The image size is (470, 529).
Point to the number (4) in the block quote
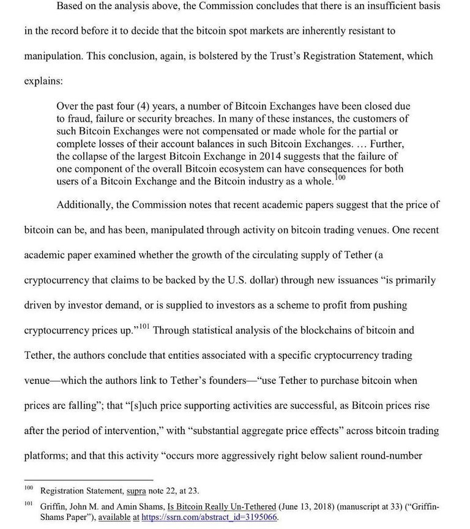point(147,106)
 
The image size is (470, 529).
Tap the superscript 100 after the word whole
point(340,178)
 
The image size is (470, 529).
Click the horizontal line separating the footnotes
point(88,480)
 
